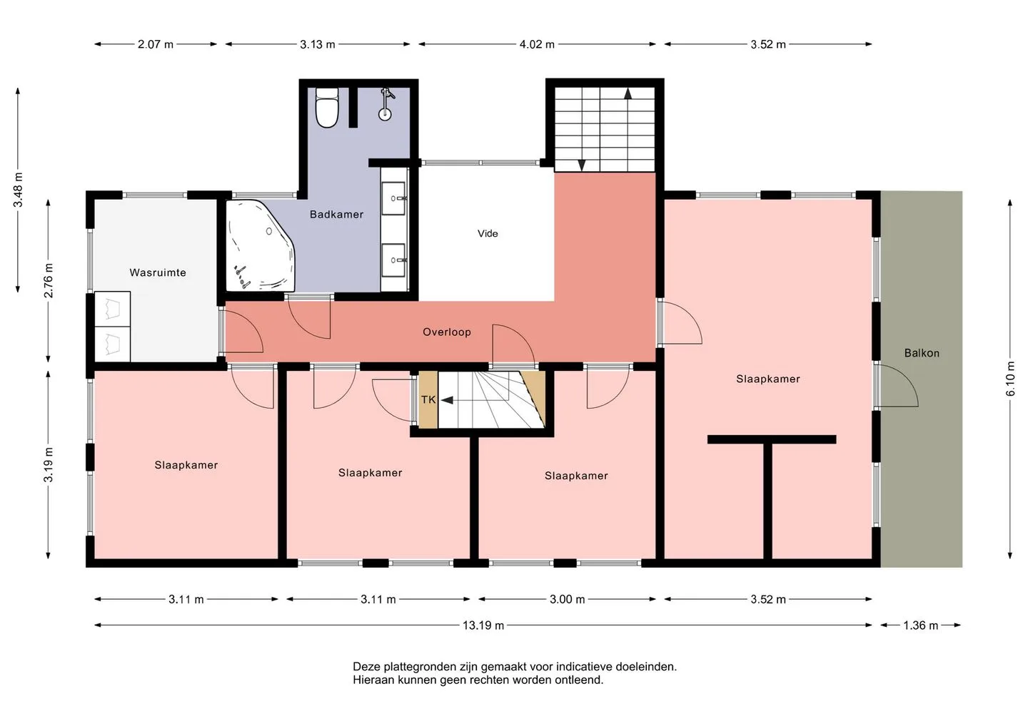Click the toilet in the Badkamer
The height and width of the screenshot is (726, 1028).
[327, 108]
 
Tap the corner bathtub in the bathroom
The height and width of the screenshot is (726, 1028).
[260, 245]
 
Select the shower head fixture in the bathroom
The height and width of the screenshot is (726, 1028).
[386, 105]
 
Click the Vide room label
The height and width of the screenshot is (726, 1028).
[488, 234]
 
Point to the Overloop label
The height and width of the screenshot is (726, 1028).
[447, 332]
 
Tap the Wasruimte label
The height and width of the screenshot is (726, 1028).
[158, 272]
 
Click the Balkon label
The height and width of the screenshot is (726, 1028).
[922, 353]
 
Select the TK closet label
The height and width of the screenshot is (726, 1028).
[428, 399]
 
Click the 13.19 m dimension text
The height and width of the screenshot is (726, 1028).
[483, 625]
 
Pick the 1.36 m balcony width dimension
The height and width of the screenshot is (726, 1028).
[921, 625]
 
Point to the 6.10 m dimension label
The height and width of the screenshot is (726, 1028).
[1010, 379]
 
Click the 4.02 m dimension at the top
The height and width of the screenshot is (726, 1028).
[537, 44]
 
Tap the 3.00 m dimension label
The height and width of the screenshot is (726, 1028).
[568, 599]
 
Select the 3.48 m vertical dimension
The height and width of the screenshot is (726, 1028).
[18, 190]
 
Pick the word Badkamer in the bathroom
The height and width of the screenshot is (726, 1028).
[336, 214]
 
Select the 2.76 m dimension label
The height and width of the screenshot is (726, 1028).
[49, 280]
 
